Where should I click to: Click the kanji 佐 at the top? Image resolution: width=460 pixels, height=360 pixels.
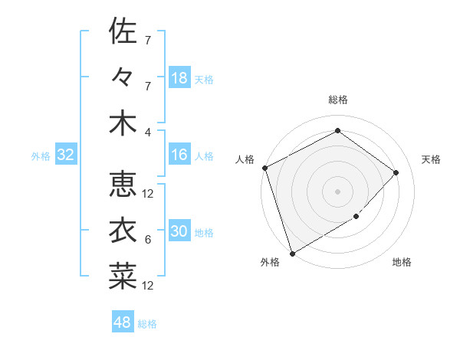click(123, 31)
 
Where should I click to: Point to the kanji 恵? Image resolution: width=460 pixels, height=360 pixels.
click(123, 185)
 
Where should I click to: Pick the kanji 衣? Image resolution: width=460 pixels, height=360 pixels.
click(123, 231)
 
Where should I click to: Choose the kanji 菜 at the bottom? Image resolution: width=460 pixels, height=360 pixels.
click(123, 277)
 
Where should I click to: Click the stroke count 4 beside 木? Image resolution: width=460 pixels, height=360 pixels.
click(148, 132)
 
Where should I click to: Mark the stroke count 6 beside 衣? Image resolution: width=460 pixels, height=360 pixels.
click(148, 240)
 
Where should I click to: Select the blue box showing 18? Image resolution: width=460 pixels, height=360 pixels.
click(179, 78)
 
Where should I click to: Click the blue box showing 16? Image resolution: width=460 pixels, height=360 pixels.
click(179, 155)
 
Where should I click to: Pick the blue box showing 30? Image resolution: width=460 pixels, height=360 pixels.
click(179, 232)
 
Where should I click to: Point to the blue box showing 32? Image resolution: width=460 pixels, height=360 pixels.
click(65, 155)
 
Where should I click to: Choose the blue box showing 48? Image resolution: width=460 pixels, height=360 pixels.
click(123, 322)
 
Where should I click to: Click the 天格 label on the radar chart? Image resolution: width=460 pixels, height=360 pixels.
click(431, 159)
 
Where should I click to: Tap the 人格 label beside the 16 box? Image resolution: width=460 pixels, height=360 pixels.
click(204, 156)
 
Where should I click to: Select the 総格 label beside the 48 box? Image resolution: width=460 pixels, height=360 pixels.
click(147, 324)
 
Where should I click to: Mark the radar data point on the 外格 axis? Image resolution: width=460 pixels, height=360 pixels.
click(292, 253)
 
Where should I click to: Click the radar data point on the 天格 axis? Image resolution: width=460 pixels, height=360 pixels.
click(396, 172)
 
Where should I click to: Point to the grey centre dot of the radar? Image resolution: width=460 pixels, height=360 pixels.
click(337, 191)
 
